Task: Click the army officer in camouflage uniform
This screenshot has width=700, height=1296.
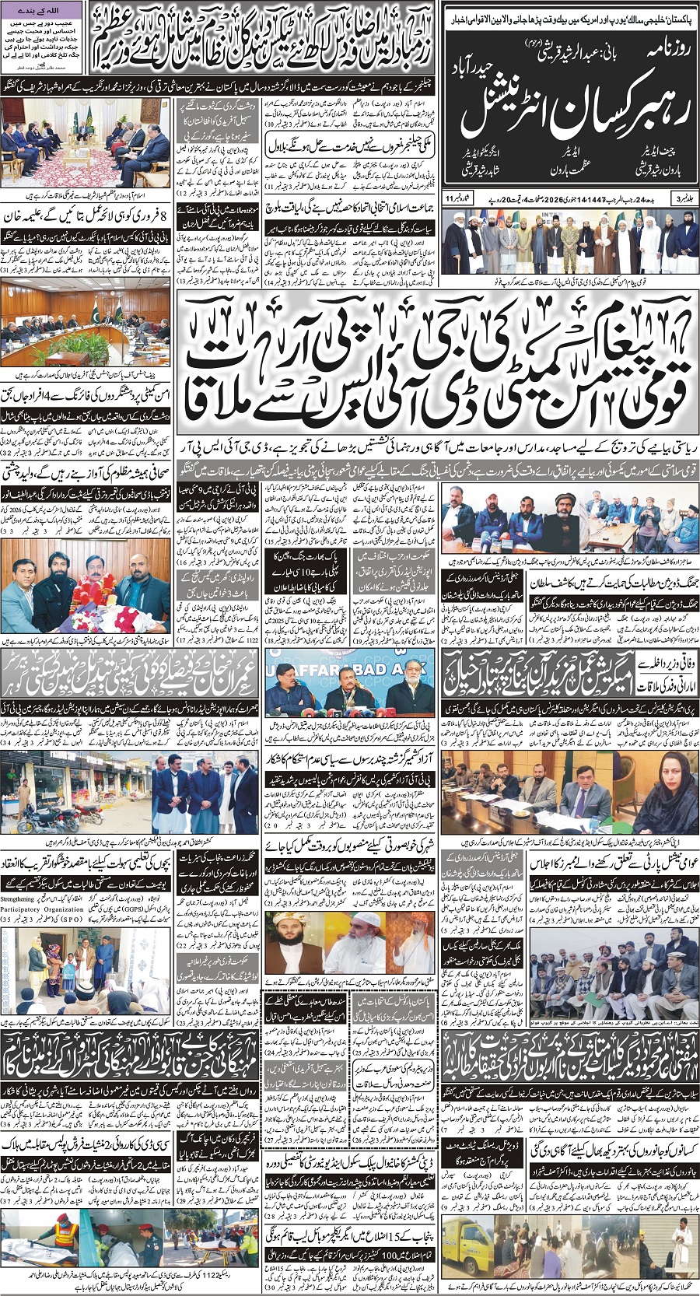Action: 565,236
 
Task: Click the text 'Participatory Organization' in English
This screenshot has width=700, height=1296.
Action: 42,908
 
